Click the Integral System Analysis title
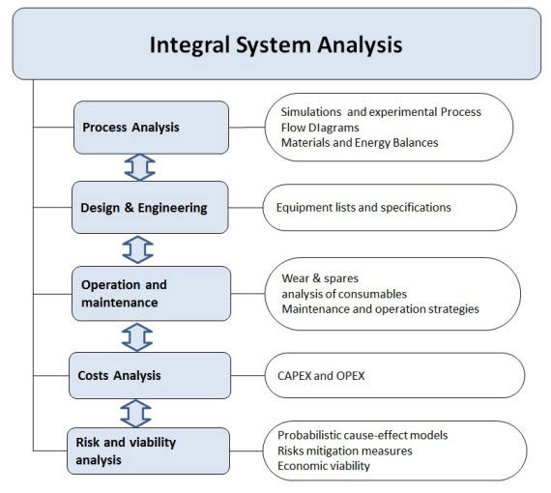click(x=275, y=44)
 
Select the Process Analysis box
click(x=151, y=128)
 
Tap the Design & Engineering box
click(x=150, y=207)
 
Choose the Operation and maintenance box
click(x=152, y=294)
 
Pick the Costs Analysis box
click(x=150, y=375)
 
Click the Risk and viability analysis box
click(x=148, y=450)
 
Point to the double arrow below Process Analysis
click(x=140, y=167)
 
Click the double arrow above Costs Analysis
click(x=137, y=337)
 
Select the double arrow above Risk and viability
click(x=135, y=413)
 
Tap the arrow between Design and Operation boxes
click(x=137, y=249)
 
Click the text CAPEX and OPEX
click(x=321, y=376)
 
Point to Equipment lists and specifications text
click(x=363, y=207)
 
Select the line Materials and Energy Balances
click(x=360, y=143)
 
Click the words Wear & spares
click(x=320, y=278)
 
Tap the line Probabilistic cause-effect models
click(x=362, y=435)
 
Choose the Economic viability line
click(x=324, y=466)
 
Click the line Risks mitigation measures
click(x=345, y=450)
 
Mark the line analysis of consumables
click(x=344, y=294)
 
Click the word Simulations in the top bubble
click(x=311, y=112)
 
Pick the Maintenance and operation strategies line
click(x=380, y=309)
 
